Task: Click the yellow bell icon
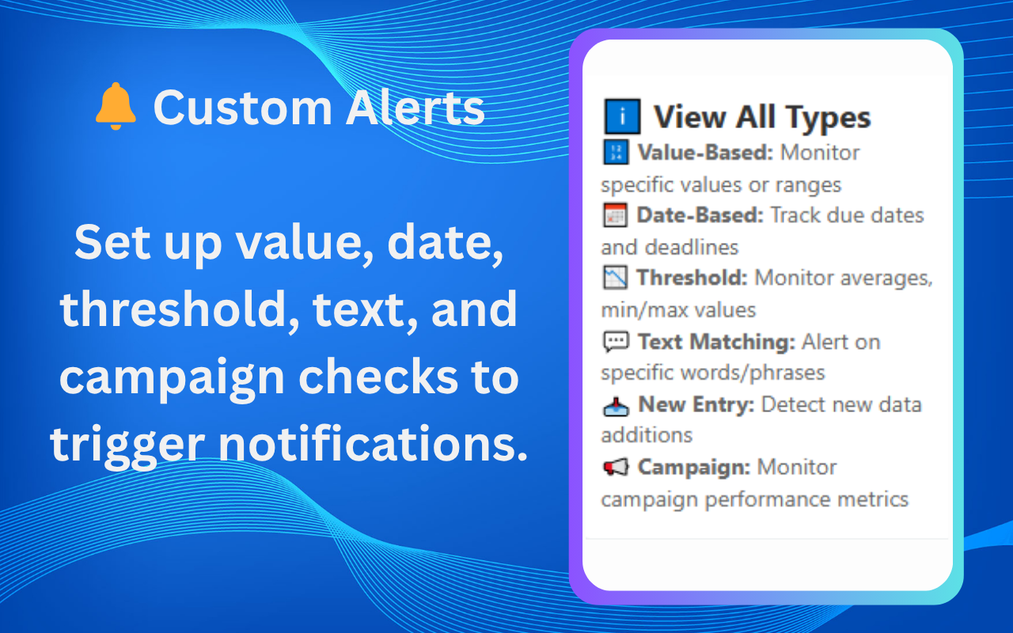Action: pos(116,107)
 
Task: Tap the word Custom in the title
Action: pos(242,108)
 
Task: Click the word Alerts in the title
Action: pos(415,108)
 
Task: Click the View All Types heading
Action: pos(761,118)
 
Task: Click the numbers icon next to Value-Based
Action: pos(615,153)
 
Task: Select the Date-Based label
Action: pos(700,215)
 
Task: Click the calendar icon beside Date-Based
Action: pos(615,215)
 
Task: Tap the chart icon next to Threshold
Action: pos(615,278)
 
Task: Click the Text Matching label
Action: pos(715,342)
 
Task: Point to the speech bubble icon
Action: pos(615,342)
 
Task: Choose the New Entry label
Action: pos(696,404)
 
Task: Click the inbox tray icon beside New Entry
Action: pos(615,405)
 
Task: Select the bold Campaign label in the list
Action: pos(693,467)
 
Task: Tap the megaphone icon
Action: pos(615,468)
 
